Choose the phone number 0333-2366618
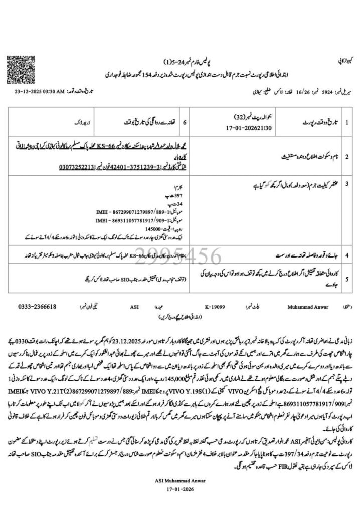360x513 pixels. (37, 306)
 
